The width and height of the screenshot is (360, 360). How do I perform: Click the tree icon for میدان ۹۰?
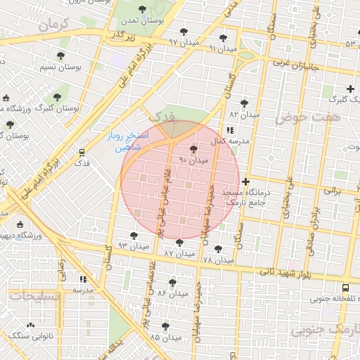[194, 149]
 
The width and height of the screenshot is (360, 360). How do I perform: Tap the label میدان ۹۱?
[222, 49]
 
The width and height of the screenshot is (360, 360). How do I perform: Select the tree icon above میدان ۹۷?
[184, 32]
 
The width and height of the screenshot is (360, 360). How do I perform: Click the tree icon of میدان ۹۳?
[134, 236]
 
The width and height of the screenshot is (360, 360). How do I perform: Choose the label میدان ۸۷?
[179, 252]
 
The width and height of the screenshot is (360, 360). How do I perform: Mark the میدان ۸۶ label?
[172, 292]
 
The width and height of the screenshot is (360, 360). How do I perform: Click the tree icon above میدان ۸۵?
[165, 327]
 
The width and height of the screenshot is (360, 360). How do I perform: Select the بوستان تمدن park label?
[143, 22]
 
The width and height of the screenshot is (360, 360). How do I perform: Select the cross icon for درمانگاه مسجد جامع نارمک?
[245, 181]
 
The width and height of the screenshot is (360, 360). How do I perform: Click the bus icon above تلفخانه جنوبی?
[345, 288]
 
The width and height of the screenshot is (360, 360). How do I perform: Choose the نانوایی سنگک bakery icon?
[30, 326]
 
